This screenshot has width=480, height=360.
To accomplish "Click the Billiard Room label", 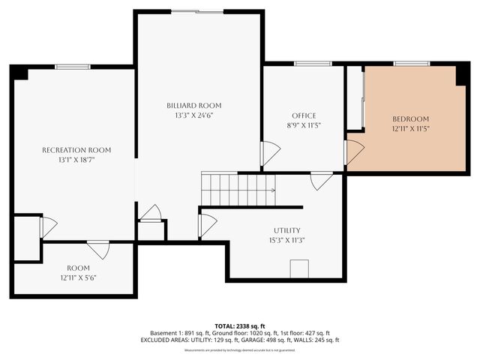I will pyautogui.click(x=194, y=106).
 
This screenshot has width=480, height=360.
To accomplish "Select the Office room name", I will pyautogui.click(x=304, y=115).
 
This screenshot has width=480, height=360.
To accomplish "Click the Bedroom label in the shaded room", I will pyautogui.click(x=410, y=119).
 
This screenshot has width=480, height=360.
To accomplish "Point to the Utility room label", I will pyautogui.click(x=286, y=230).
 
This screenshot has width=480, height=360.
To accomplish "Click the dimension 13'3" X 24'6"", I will pyautogui.click(x=194, y=115).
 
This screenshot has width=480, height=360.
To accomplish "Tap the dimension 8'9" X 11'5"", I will pyautogui.click(x=304, y=125).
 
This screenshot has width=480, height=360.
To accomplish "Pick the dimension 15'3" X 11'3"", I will pyautogui.click(x=286, y=240).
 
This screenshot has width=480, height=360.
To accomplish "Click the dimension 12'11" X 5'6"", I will pyautogui.click(x=78, y=277).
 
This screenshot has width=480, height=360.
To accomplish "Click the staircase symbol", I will pyautogui.click(x=238, y=190).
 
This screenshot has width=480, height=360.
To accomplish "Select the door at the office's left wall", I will pyautogui.click(x=269, y=154).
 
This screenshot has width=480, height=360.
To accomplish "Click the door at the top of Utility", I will pyautogui.click(x=322, y=181).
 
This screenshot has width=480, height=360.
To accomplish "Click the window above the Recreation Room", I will pyautogui.click(x=73, y=67).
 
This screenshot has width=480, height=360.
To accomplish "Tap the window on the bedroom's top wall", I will pyautogui.click(x=406, y=64).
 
